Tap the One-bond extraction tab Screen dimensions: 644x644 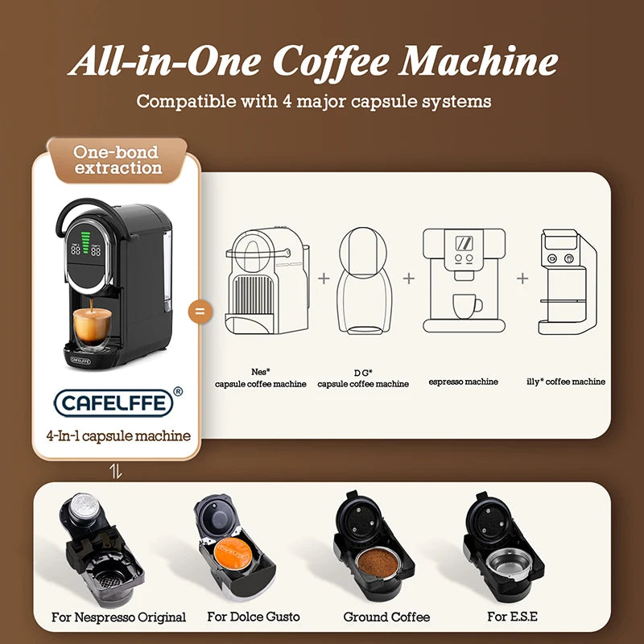click(x=117, y=159)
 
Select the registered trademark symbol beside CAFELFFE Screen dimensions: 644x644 click(x=177, y=391)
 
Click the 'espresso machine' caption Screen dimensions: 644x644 click(x=463, y=382)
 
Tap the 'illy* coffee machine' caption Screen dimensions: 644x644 click(x=571, y=382)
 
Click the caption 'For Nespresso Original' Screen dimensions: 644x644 click(x=118, y=617)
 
